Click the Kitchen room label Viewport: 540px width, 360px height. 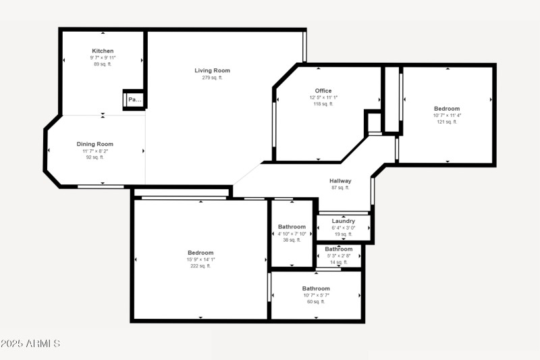(x=103, y=51)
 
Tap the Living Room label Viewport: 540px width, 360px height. (x=212, y=70)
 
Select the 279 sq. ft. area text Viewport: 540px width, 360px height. (x=212, y=78)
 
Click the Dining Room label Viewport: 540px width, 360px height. (x=94, y=144)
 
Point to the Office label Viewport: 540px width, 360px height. (x=323, y=91)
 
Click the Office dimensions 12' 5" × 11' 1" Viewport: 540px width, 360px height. (x=319, y=97)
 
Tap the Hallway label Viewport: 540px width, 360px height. (x=340, y=180)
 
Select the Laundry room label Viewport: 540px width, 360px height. (x=344, y=221)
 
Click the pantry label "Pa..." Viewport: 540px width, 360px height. (x=134, y=100)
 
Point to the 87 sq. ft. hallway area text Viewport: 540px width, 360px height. (x=340, y=188)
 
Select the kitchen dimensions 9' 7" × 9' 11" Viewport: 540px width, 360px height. (x=103, y=57)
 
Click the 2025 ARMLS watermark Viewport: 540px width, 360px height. (x=30, y=344)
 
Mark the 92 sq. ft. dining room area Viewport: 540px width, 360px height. (x=94, y=157)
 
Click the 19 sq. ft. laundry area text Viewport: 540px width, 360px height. (x=344, y=234)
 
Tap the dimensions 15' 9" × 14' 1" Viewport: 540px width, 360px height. (x=200, y=259)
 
